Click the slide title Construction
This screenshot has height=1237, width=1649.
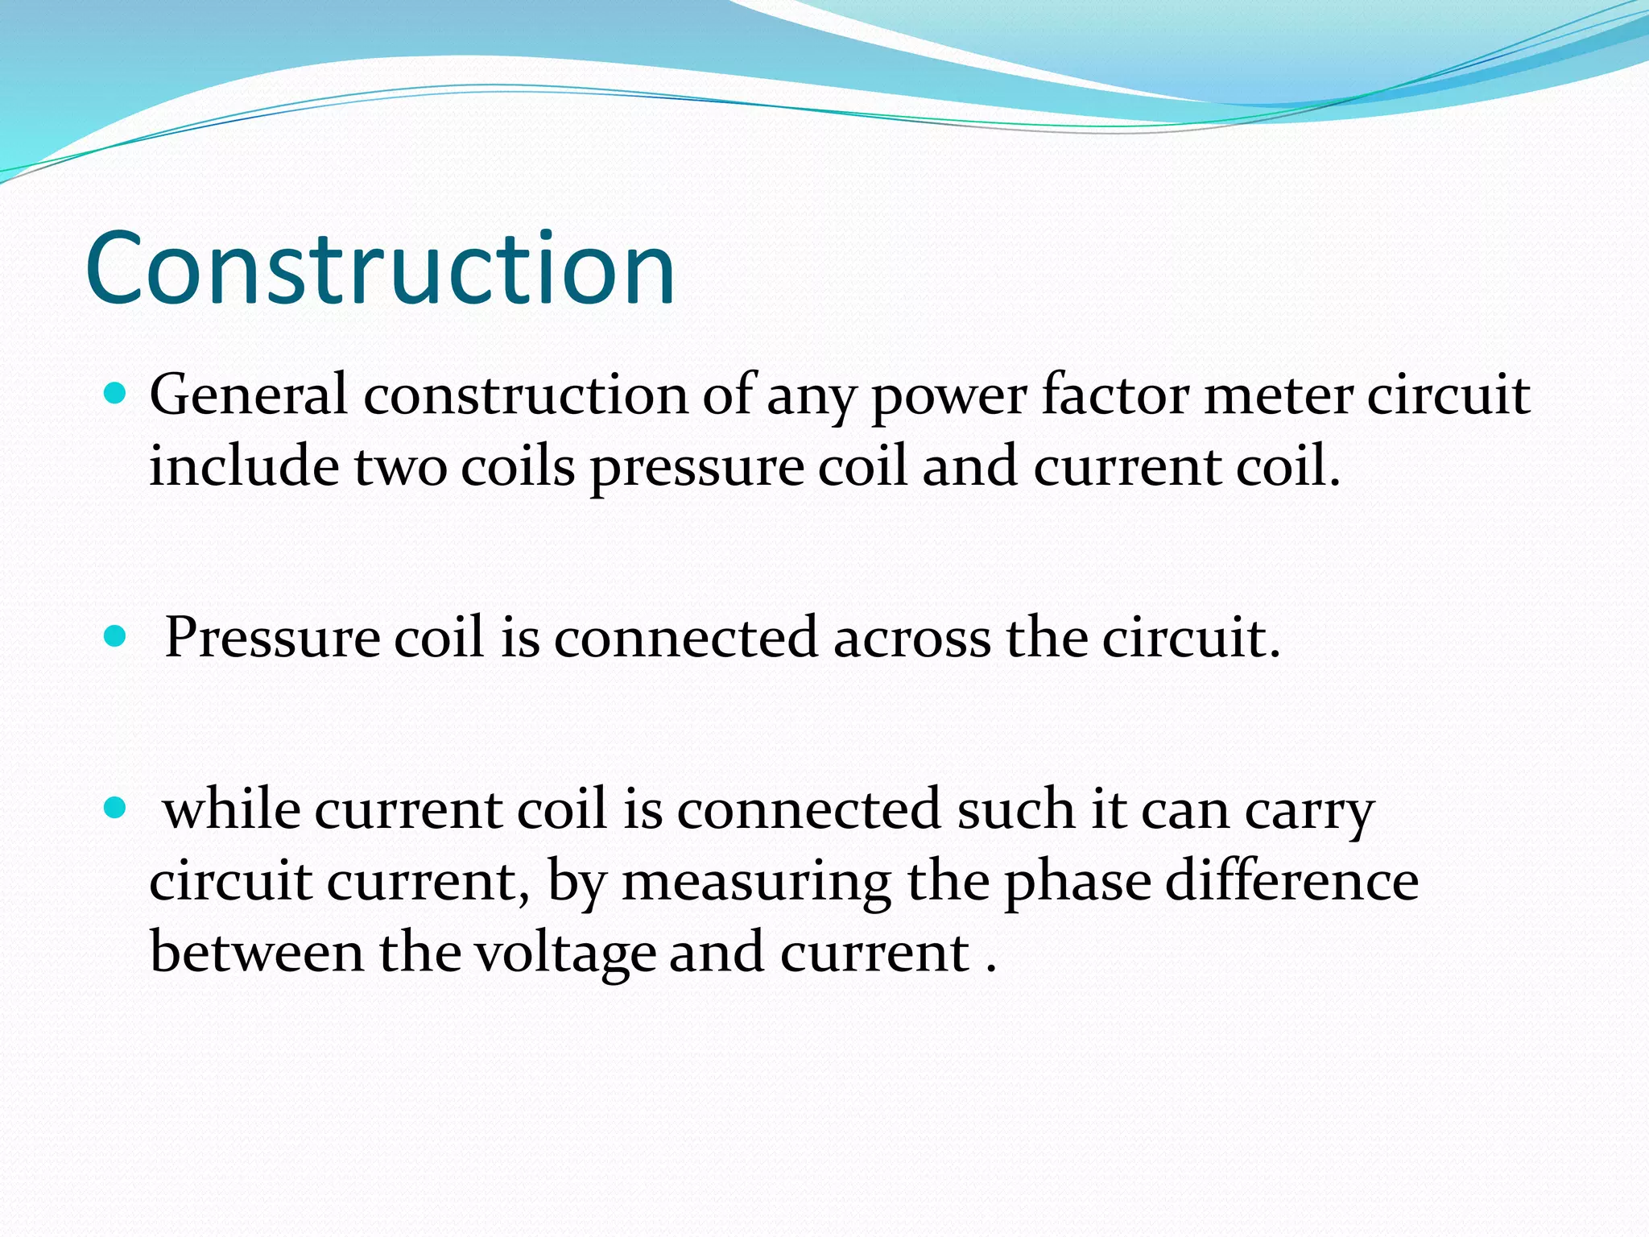click(x=380, y=269)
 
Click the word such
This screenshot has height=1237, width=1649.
click(x=1015, y=810)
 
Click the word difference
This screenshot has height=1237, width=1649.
click(x=1292, y=881)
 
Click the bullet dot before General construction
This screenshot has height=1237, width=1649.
click(x=116, y=394)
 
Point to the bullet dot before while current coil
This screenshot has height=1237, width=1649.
click(x=116, y=808)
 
